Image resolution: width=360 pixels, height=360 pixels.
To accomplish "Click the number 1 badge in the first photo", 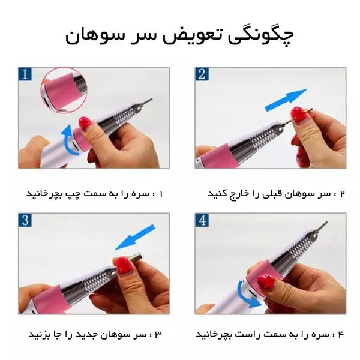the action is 25,74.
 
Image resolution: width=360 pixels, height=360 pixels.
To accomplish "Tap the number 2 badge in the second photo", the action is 202,74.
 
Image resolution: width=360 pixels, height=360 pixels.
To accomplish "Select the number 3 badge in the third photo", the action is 25,220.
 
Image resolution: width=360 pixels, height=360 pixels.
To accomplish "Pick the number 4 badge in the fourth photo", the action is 202,220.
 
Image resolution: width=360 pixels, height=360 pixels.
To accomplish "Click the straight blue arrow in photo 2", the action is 286,100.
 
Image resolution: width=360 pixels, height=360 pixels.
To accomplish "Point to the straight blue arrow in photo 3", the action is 135,238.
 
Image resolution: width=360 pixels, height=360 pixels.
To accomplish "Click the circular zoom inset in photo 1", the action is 64,90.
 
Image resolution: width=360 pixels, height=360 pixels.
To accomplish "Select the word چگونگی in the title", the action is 261,37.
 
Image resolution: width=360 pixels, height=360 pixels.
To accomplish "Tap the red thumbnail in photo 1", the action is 84,124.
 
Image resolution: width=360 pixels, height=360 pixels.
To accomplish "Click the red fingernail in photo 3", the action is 124,265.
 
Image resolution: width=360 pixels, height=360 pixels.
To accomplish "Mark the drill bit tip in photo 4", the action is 326,222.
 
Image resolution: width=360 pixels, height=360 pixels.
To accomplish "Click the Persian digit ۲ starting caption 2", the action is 343,194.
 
